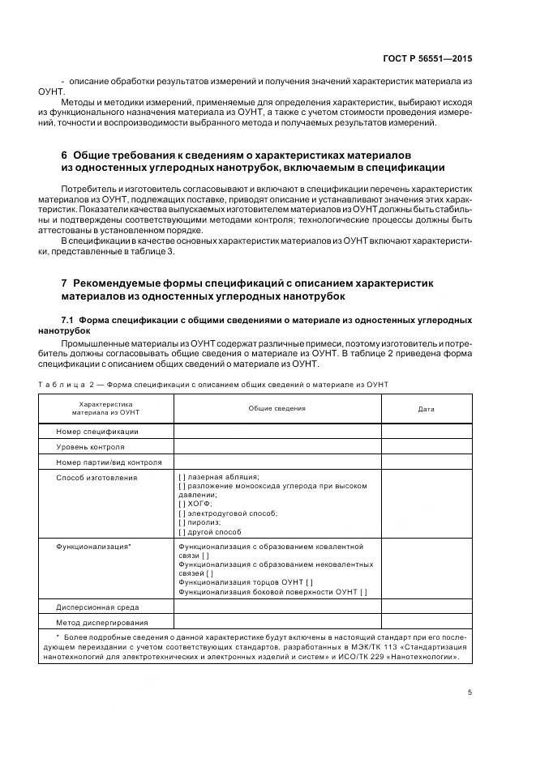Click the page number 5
pos(470,692)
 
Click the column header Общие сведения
pos(277,408)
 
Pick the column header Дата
pos(426,409)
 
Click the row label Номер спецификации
pos(96,432)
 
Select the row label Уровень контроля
pos(90,447)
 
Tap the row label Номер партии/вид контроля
pos(109,462)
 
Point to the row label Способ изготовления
pos(96,478)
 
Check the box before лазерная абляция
pos(182,478)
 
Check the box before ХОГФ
pos(182,504)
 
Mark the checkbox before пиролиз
pos(182,523)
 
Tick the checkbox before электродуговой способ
pos(182,513)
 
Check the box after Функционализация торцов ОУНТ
pos(310,582)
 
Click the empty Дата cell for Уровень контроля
pos(426,447)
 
